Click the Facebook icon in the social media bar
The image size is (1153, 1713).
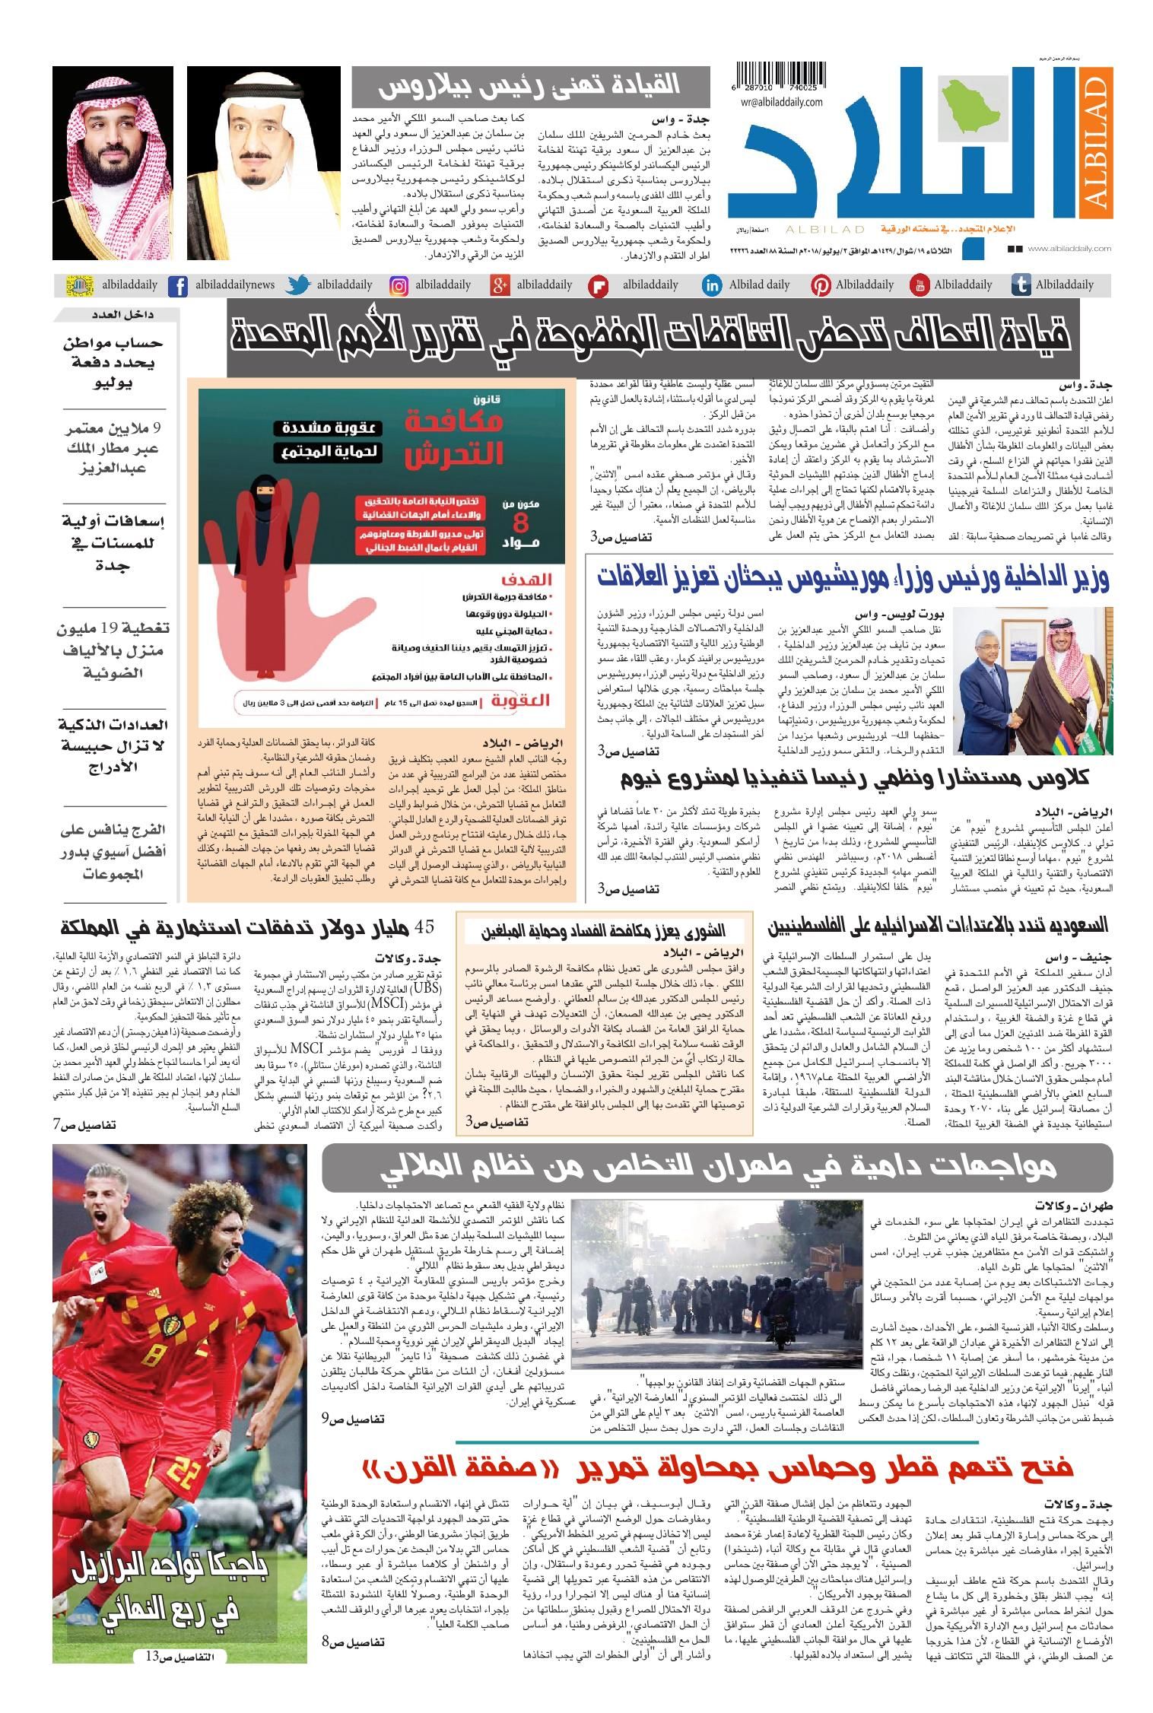[x=178, y=286]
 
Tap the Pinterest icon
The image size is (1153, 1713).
[x=820, y=286]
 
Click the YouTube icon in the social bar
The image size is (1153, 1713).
[x=919, y=286]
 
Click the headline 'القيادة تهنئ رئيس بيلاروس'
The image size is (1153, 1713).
[x=528, y=87]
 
